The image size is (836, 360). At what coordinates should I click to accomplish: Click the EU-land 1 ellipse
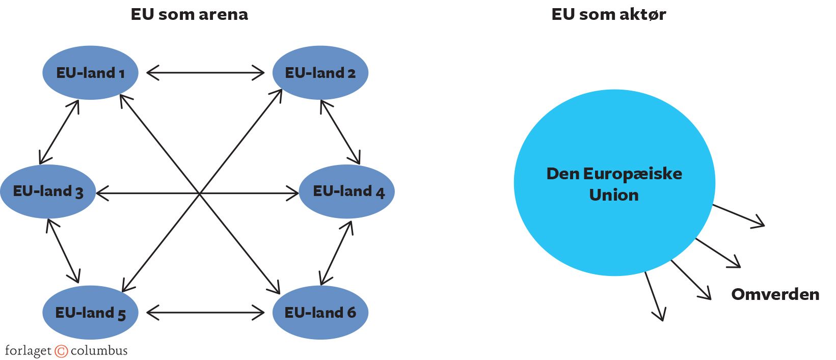pos(90,73)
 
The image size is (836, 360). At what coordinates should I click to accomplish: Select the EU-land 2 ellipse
pos(320,73)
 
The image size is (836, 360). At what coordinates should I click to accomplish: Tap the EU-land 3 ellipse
pos(48,191)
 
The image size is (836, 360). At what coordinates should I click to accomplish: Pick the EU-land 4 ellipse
pos(346,191)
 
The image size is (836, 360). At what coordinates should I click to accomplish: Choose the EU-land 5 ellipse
pos(90,312)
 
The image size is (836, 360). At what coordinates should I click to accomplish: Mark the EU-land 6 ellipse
pos(320,312)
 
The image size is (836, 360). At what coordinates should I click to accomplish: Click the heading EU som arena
pos(189,14)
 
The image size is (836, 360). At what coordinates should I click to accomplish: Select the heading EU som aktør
pos(608,14)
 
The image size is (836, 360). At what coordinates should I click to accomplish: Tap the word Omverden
pos(775,294)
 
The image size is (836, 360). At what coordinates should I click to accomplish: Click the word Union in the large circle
pos(613,195)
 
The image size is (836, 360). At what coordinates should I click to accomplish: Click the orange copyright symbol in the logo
pos(61,351)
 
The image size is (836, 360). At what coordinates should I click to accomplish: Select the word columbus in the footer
pos(99,350)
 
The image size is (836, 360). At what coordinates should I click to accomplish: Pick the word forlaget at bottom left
pos(28,351)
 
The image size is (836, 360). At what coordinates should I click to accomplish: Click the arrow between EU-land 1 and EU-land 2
pos(205,73)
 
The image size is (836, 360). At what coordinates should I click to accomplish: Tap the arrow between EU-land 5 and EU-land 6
pos(205,312)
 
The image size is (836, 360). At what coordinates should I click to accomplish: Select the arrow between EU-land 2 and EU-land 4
pos(340,132)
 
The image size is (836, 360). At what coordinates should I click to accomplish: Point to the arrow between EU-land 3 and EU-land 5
pos(63,251)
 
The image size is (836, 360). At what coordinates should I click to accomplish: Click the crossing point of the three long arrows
pos(199,193)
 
